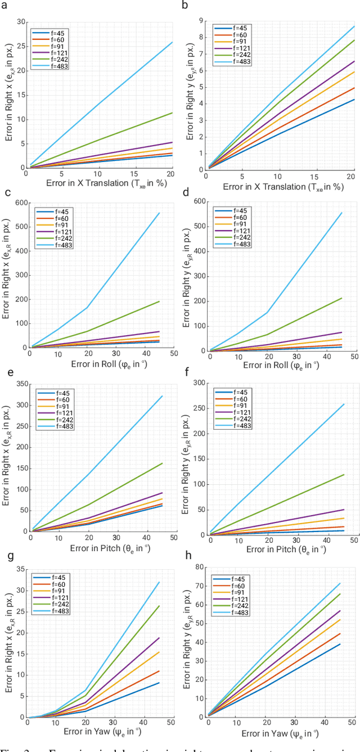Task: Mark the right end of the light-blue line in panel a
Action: pyautogui.click(x=172, y=42)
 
